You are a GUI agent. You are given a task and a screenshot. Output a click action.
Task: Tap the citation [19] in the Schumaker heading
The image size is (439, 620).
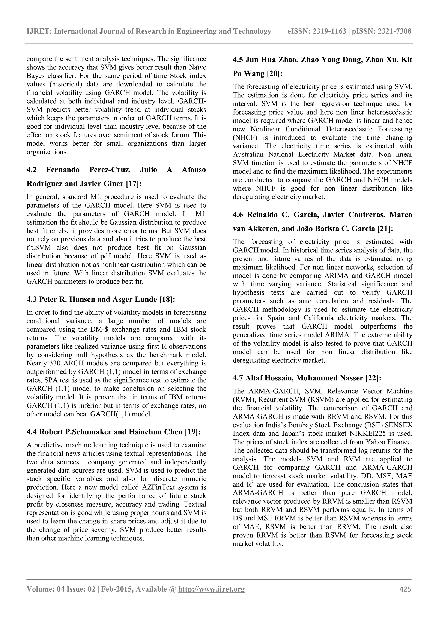pyautogui.click(x=192, y=432)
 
